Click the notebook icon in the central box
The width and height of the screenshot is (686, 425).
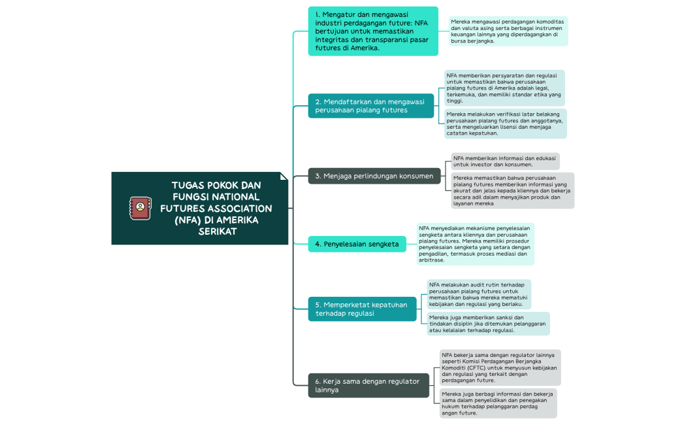(139, 208)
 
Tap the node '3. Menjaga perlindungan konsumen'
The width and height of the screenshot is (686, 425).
(374, 176)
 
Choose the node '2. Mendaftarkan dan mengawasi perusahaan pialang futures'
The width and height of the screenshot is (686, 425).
(370, 106)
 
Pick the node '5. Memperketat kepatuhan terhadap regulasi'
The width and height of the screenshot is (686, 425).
(361, 309)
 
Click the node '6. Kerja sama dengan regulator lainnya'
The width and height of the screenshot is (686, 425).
(368, 385)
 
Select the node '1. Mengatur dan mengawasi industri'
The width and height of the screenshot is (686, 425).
(372, 31)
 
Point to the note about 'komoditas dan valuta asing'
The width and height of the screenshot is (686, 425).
(508, 31)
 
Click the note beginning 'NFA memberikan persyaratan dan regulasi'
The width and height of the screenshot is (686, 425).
(504, 88)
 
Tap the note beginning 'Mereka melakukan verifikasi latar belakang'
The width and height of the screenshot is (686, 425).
(505, 124)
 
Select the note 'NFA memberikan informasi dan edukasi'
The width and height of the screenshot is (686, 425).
(505, 161)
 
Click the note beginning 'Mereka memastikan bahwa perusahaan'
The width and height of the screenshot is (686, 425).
(512, 190)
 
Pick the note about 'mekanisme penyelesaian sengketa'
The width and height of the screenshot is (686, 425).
(475, 244)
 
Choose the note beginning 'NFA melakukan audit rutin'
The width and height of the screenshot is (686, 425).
(478, 294)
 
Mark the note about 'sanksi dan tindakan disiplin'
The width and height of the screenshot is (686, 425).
(487, 324)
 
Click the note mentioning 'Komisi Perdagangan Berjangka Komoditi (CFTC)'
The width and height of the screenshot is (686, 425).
(500, 367)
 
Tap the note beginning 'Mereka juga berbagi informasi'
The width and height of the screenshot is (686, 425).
(498, 403)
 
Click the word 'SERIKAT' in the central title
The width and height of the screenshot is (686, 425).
(216, 231)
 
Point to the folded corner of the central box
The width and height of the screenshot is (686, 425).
(284, 176)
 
